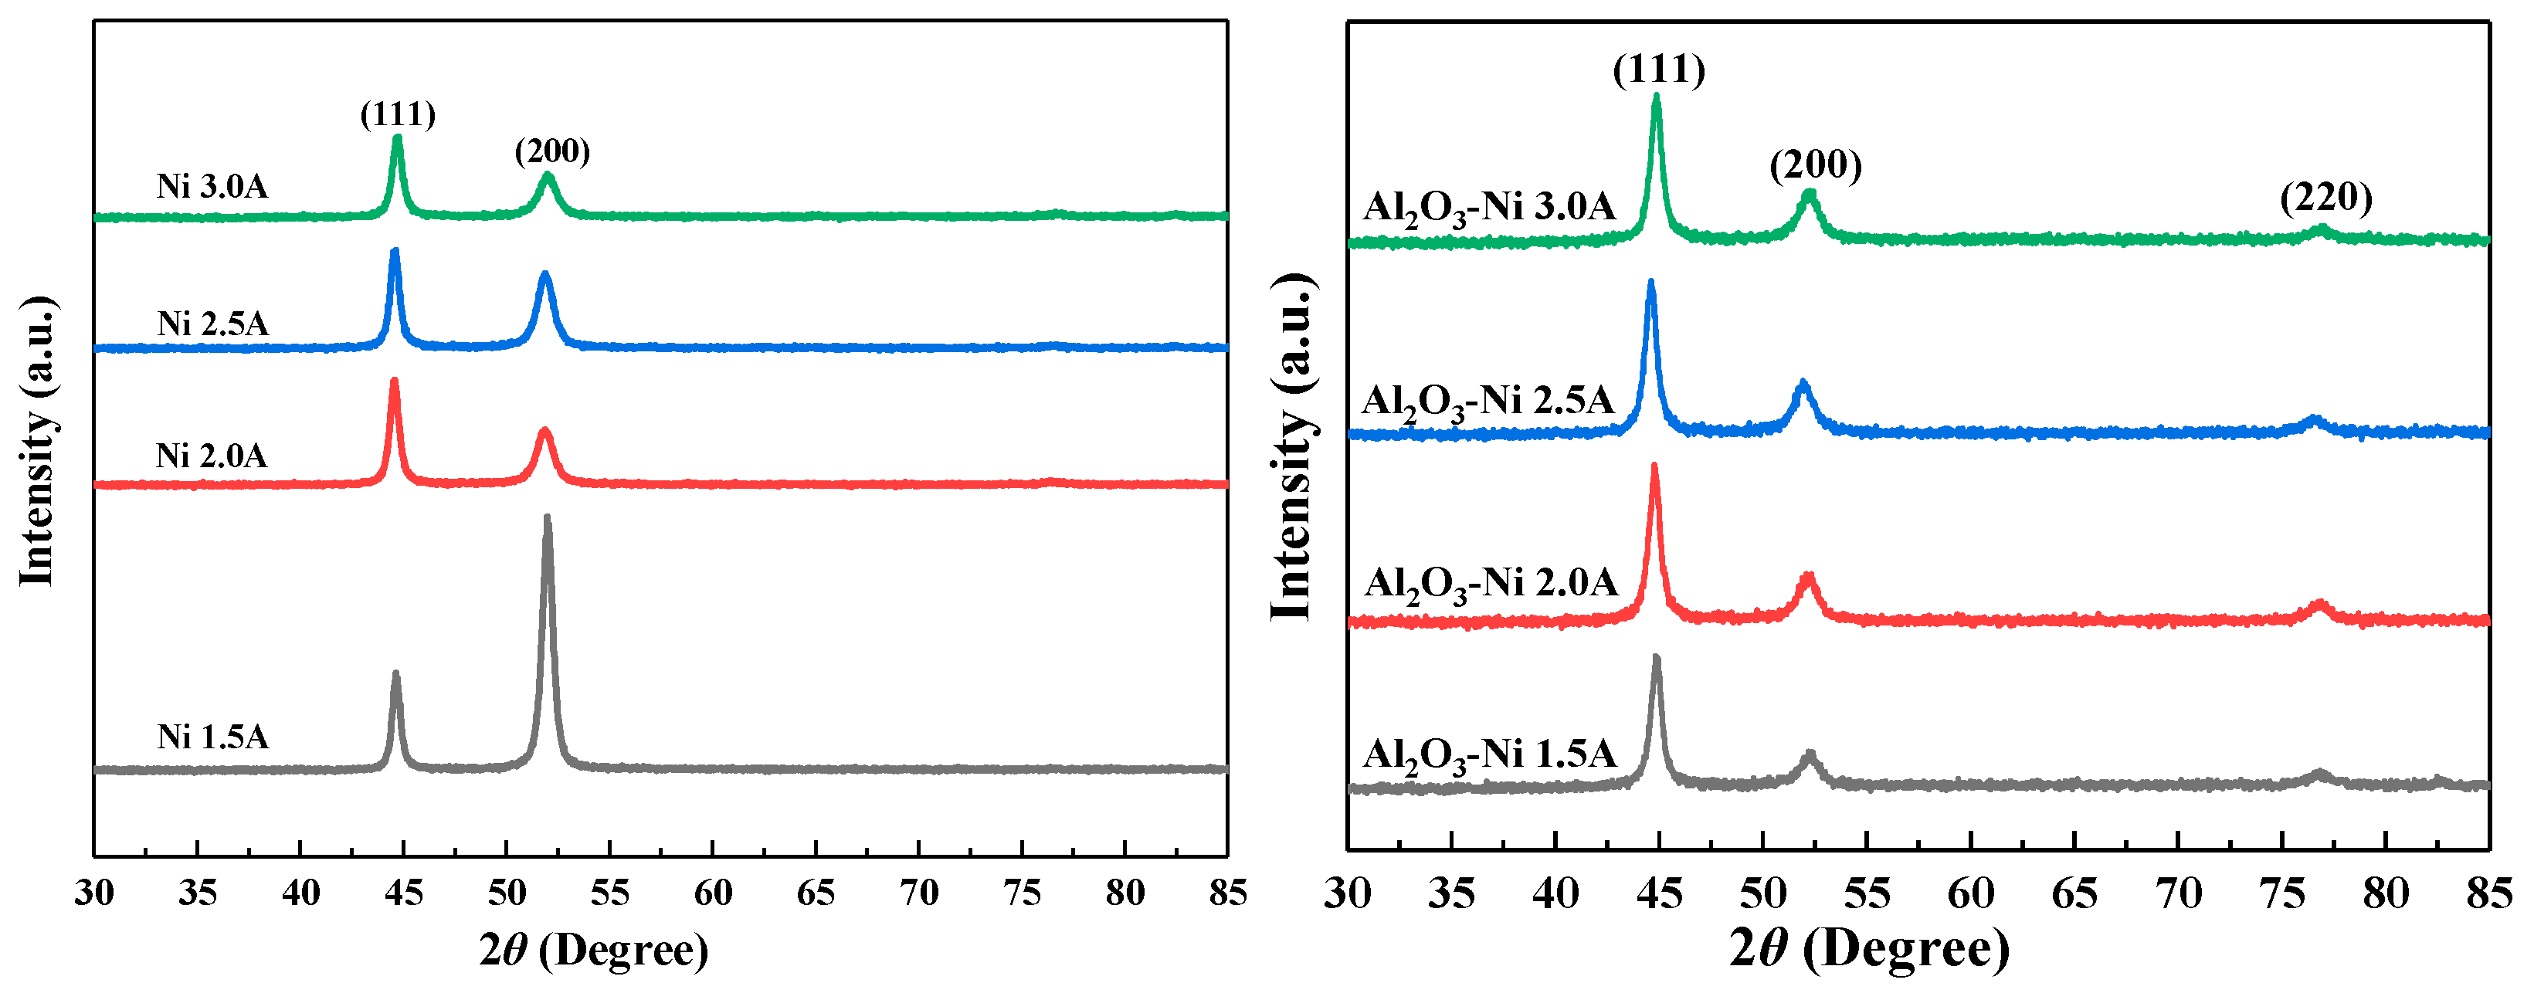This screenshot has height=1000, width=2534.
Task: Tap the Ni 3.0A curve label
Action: pos(212,187)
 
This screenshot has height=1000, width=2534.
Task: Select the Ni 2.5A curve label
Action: pos(212,324)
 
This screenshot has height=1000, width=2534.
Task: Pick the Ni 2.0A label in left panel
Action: pos(212,456)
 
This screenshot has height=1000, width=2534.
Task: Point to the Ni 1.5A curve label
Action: pos(212,737)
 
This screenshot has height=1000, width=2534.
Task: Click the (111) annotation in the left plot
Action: pos(398,115)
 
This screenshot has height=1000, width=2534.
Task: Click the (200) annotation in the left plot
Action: pos(553,151)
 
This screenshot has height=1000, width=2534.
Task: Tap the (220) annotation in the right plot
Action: pos(2326,198)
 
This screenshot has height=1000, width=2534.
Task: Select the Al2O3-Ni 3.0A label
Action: pos(1489,208)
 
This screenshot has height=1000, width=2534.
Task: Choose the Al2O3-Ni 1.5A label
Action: pos(1489,755)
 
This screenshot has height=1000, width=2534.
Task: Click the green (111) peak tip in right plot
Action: pos(1657,98)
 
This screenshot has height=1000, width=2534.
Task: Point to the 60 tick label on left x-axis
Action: pos(713,893)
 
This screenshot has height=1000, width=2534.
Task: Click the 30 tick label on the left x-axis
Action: pos(94,893)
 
